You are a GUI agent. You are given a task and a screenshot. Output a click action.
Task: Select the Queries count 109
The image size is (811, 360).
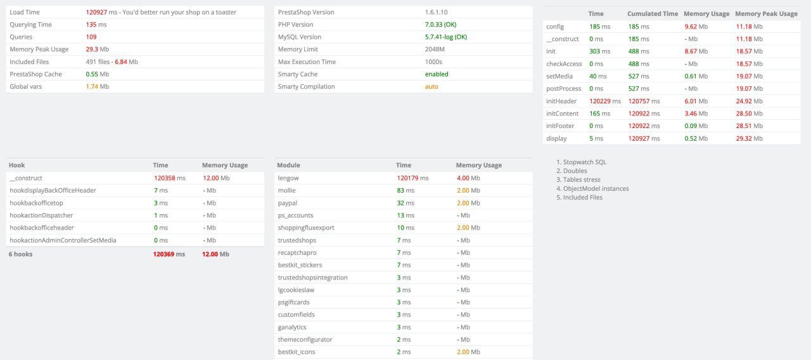[91, 37]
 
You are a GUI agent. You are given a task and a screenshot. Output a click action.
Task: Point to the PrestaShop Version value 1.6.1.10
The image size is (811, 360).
[439, 12]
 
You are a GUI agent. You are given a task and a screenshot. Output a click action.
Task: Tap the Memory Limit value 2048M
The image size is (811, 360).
[435, 49]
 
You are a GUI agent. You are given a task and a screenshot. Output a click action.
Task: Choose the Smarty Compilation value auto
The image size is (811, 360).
[431, 87]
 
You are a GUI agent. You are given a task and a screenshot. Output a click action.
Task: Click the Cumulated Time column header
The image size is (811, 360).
[652, 14]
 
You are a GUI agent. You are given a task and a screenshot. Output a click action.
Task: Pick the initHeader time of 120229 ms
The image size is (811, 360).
[604, 101]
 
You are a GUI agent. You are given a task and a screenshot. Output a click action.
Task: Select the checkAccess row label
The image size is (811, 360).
[564, 64]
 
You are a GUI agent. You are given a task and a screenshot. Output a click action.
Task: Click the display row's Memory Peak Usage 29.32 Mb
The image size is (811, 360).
[749, 139]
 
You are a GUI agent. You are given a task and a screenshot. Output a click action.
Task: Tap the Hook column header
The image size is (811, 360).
[17, 165]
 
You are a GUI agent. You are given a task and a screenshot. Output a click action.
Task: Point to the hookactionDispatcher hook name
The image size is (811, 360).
[41, 215]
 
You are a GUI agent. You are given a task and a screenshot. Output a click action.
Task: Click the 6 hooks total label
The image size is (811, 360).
[21, 254]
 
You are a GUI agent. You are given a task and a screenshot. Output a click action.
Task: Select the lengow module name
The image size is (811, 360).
[288, 178]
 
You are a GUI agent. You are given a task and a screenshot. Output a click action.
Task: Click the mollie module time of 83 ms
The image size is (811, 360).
[405, 190]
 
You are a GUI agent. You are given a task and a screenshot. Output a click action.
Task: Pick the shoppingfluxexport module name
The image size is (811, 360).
[306, 228]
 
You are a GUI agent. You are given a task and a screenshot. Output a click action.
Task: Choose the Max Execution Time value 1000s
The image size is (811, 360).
[433, 62]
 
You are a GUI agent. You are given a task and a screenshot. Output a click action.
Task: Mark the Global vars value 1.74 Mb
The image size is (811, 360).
[97, 87]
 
